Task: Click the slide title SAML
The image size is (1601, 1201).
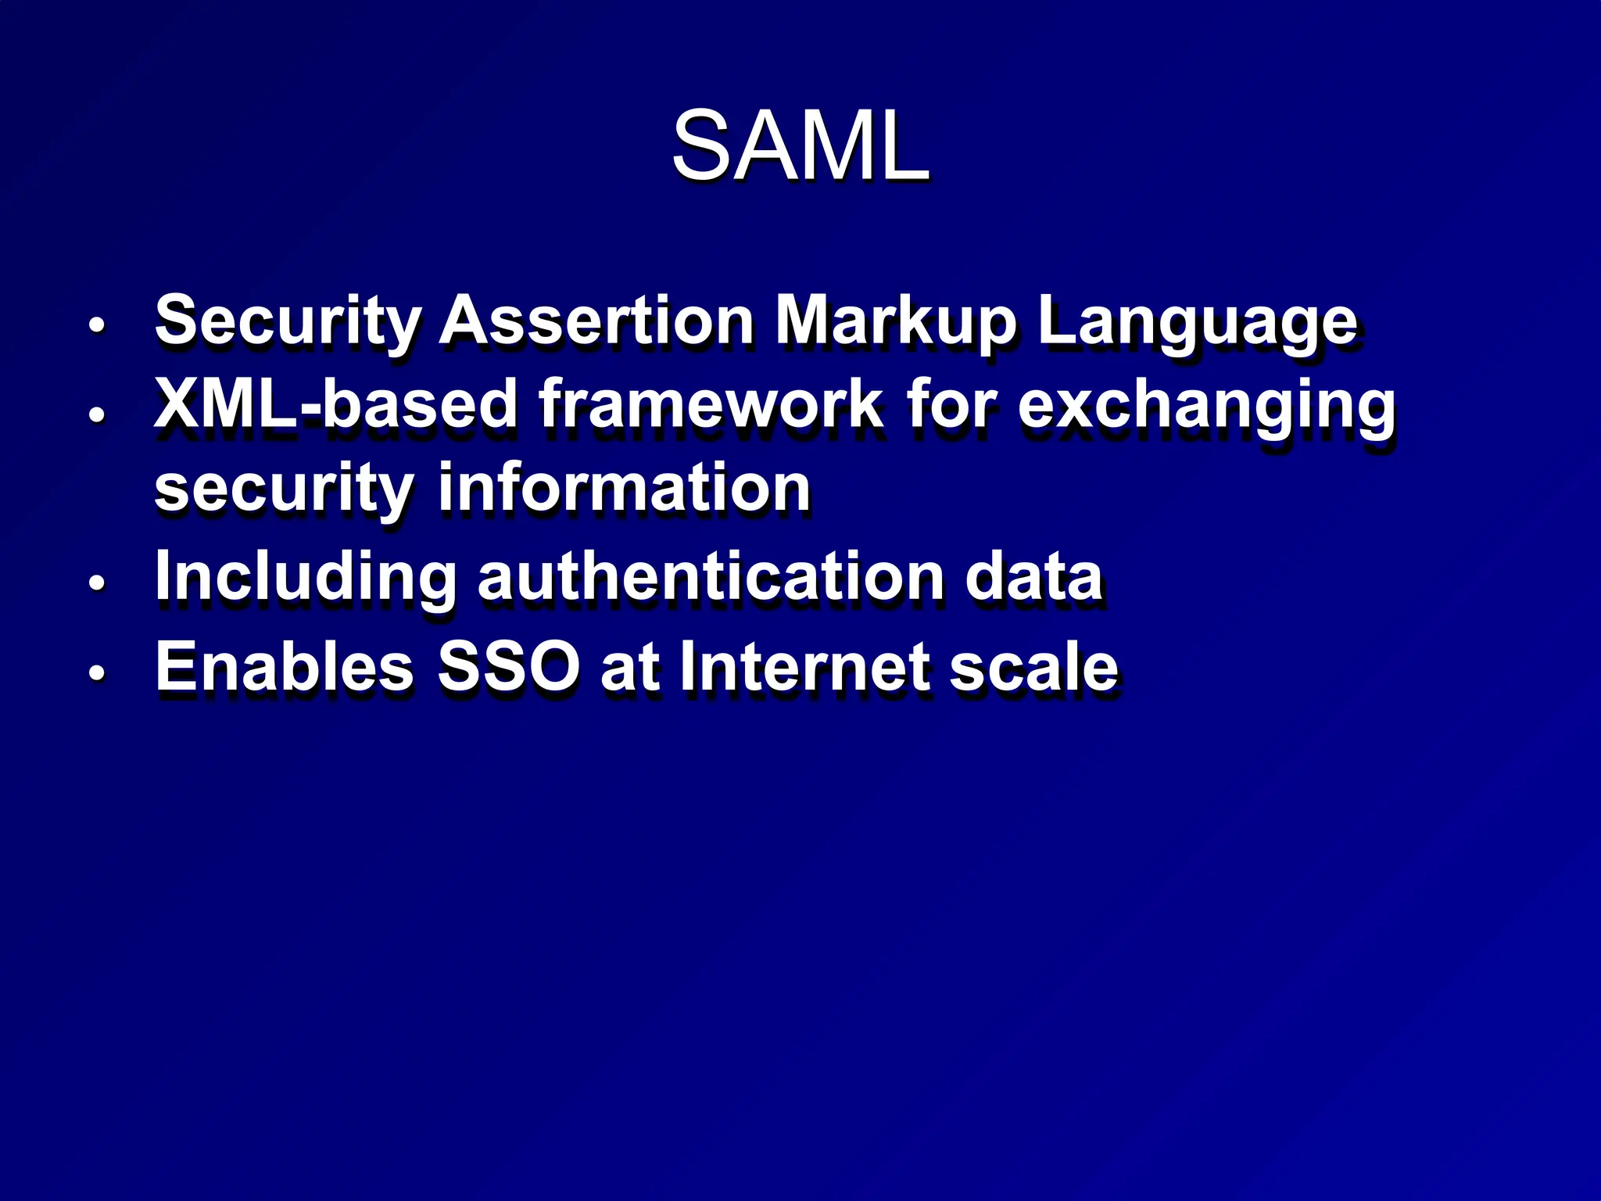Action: [800, 146]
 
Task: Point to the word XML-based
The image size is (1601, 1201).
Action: [335, 404]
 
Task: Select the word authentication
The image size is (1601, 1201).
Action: [711, 576]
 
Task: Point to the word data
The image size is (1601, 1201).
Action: [1033, 576]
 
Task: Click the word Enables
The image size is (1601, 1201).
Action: [285, 666]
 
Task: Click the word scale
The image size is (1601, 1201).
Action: [1033, 666]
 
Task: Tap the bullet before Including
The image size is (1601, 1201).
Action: [96, 583]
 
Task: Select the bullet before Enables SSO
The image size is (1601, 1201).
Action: [96, 672]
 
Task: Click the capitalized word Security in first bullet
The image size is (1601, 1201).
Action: [288, 322]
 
